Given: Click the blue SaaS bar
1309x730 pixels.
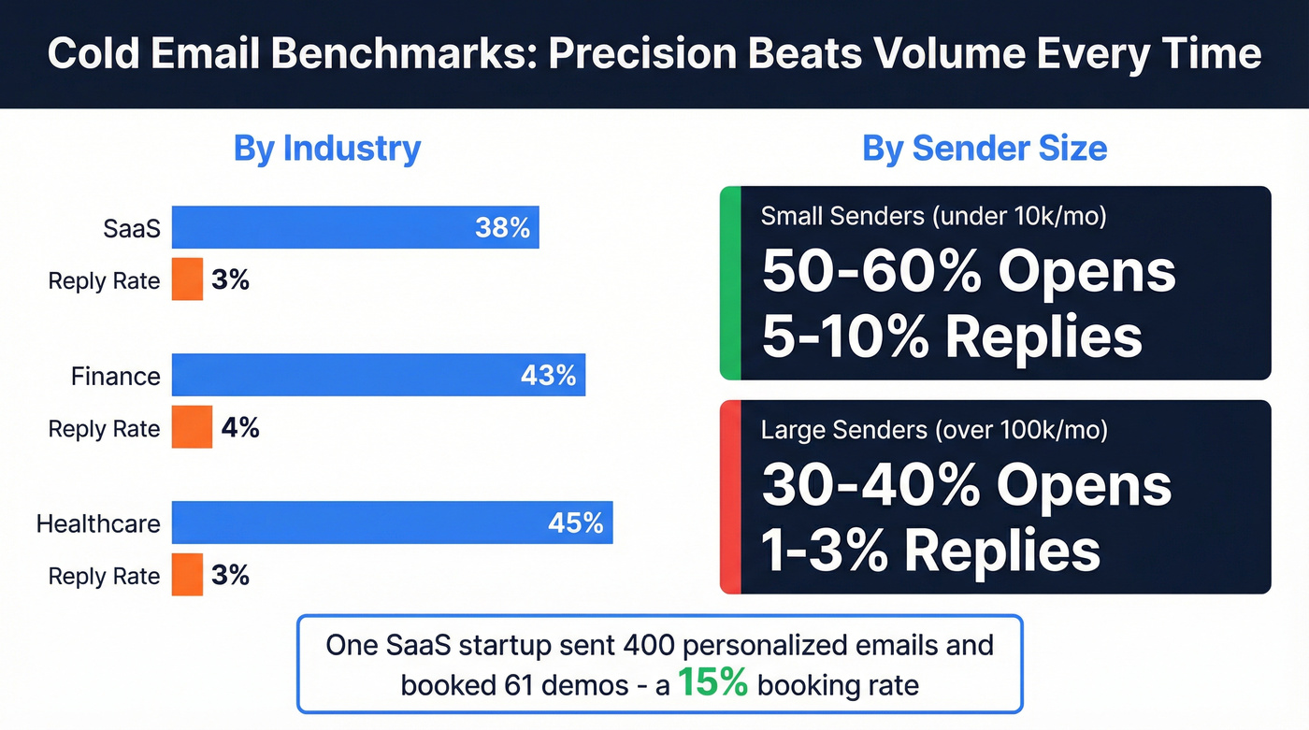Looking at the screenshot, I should tap(355, 227).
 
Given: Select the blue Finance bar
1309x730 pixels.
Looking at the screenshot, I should tap(378, 375).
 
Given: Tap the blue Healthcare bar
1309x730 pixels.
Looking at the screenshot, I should tap(392, 522).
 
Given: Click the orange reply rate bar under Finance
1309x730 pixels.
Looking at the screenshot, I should tap(192, 427).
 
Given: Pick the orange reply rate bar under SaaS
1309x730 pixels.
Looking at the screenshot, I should tap(187, 279).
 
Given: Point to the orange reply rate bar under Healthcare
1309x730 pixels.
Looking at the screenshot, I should tap(187, 575).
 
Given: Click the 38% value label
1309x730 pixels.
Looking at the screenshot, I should tap(502, 227).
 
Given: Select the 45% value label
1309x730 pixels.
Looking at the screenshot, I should tap(575, 522).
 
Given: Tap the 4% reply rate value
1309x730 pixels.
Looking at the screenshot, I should tap(240, 427).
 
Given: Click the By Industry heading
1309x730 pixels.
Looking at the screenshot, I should tap(327, 149).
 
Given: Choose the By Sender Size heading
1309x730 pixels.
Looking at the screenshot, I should tap(985, 149).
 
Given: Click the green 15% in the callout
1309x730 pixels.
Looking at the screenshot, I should tap(712, 683).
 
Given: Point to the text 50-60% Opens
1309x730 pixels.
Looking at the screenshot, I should tap(968, 272).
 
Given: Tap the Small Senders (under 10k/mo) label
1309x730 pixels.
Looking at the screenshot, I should tap(933, 216).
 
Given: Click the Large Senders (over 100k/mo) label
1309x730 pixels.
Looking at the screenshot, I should tap(934, 430).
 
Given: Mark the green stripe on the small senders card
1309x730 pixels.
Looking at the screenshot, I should tap(730, 283).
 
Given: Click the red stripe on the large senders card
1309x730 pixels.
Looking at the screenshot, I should tap(730, 497).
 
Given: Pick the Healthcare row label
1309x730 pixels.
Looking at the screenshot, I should tap(98, 523).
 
